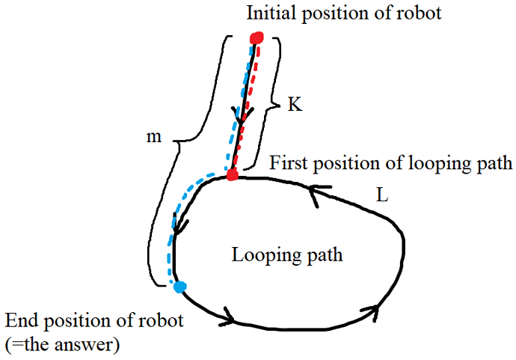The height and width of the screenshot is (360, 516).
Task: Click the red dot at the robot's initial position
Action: [257, 37]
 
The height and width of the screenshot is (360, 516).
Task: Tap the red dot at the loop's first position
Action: [233, 175]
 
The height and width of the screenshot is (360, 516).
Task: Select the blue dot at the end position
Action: [179, 286]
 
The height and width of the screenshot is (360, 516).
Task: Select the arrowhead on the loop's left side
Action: [178, 224]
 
